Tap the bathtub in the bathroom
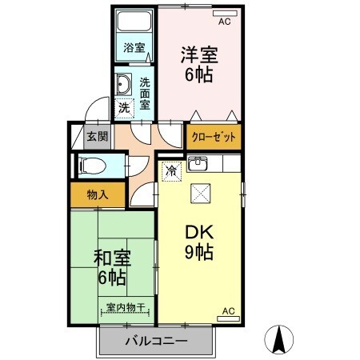point(134,24)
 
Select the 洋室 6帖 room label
point(199,66)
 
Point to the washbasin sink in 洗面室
point(125,84)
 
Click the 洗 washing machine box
point(125,106)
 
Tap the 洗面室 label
point(145,93)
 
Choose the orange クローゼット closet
point(214,137)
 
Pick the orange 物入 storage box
point(98,194)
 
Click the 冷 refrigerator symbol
point(170,170)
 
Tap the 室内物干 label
point(124,308)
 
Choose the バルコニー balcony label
point(157,342)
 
